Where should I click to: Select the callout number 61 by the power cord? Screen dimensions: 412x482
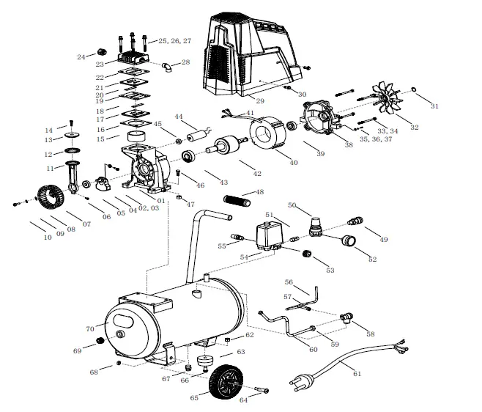coord(357,374)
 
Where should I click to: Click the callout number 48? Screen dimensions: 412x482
coord(259,192)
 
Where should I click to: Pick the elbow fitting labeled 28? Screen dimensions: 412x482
coord(168,67)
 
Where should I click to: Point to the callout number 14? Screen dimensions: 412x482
coord(48,130)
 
